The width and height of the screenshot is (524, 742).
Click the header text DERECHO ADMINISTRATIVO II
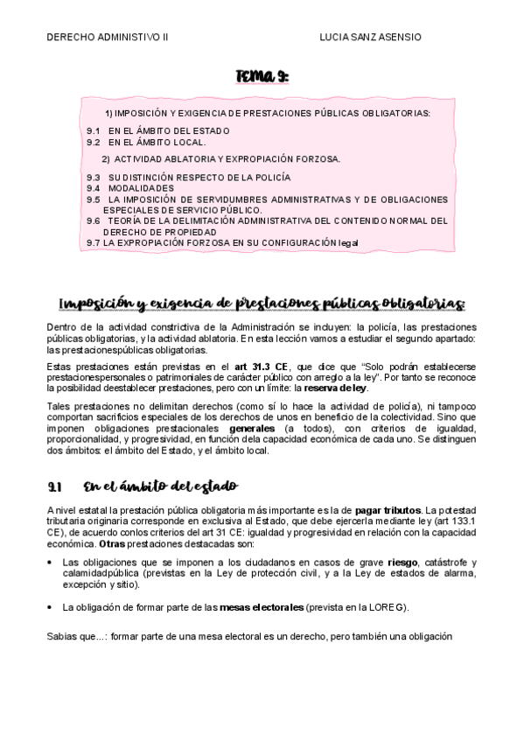(107, 37)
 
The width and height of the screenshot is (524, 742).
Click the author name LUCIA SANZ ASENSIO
(371, 37)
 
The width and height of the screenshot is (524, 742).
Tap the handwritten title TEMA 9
(262, 80)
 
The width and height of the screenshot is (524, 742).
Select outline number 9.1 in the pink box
(94, 130)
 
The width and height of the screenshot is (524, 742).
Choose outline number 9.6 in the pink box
(94, 221)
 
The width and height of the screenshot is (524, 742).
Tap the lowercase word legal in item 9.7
(348, 242)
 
